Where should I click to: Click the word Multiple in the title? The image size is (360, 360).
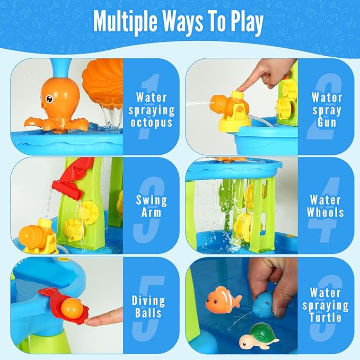125,21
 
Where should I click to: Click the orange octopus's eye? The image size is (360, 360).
49,99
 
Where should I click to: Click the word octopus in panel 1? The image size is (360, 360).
151,122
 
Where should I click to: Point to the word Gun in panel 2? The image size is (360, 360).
327,122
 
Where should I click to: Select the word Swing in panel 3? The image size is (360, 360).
152,200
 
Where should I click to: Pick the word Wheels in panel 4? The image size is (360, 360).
326,212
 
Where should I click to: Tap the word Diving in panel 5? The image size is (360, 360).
148,301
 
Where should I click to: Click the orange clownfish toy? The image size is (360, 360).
223,300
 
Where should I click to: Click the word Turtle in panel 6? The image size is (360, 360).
326,318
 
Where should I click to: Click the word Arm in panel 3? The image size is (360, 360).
151,212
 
